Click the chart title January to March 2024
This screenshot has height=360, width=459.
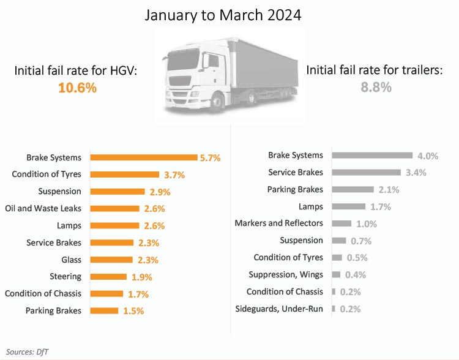click(223, 15)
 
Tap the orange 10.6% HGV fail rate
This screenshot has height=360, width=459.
click(77, 88)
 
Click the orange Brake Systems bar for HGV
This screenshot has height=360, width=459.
click(143, 157)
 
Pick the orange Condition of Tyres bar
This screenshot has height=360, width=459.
click(124, 174)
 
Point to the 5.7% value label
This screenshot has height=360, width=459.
click(210, 158)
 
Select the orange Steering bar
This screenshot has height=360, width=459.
click(108, 277)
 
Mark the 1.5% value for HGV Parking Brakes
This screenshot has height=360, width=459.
click(133, 311)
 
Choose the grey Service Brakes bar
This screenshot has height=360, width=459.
click(366, 173)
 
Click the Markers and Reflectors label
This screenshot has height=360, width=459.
click(278, 223)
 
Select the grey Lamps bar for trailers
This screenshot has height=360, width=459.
click(348, 206)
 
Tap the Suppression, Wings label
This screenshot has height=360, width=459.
click(285, 274)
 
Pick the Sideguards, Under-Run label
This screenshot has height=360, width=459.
click(279, 309)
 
